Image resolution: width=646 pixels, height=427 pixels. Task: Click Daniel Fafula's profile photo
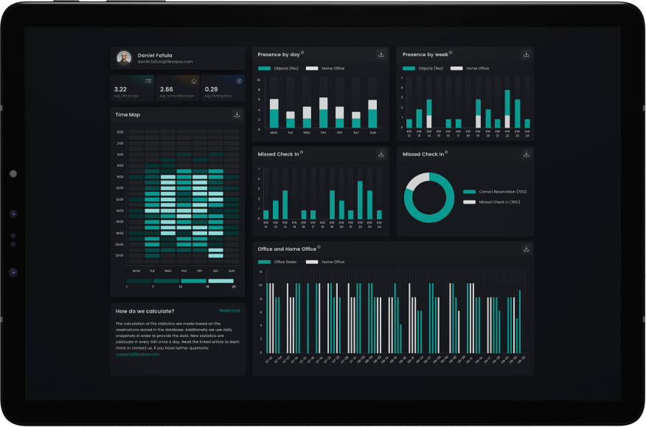click(124, 58)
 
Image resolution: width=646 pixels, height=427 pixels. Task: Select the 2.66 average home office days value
click(167, 88)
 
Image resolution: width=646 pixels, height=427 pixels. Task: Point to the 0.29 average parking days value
click(211, 88)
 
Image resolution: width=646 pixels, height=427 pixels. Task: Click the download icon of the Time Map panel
click(237, 114)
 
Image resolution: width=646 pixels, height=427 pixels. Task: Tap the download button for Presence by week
click(526, 55)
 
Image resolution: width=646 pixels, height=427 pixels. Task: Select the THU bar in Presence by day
click(324, 113)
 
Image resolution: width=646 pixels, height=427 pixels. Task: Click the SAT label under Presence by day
click(356, 133)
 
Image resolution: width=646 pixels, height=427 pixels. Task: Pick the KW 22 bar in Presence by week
click(507, 109)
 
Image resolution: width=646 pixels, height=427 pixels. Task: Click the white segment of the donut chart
click(417, 180)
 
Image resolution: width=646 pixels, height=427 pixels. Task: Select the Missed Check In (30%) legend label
click(499, 201)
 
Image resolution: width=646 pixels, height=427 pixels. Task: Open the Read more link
click(229, 310)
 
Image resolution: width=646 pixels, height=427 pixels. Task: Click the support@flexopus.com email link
click(137, 354)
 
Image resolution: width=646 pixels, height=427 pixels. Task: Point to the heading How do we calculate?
click(145, 311)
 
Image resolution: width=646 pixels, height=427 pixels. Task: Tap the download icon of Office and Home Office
click(526, 249)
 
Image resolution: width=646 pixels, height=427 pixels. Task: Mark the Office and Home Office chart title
click(287, 249)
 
